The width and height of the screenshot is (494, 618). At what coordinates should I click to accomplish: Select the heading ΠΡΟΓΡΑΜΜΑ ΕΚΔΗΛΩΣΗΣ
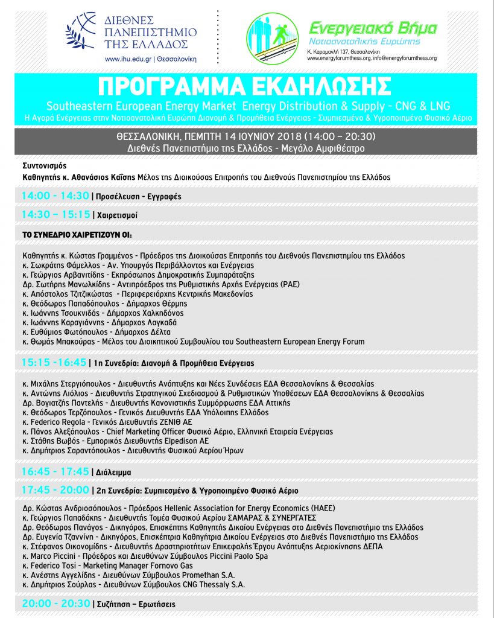point(247,87)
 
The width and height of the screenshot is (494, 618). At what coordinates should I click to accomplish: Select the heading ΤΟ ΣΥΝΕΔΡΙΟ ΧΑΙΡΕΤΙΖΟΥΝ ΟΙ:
point(77,234)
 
